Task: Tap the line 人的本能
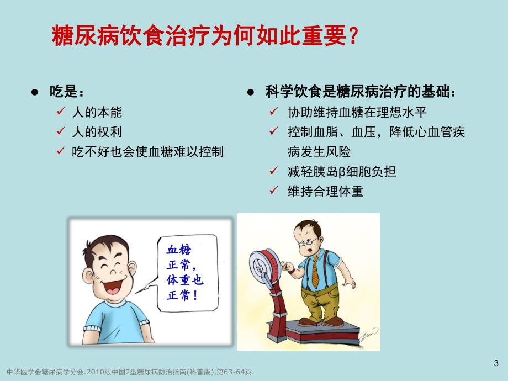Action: point(97,112)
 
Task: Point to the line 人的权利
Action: point(97,131)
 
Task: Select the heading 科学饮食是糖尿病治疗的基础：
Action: point(361,92)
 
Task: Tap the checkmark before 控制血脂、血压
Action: point(273,132)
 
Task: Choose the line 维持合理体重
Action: point(325,191)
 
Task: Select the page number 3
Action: point(495,363)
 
